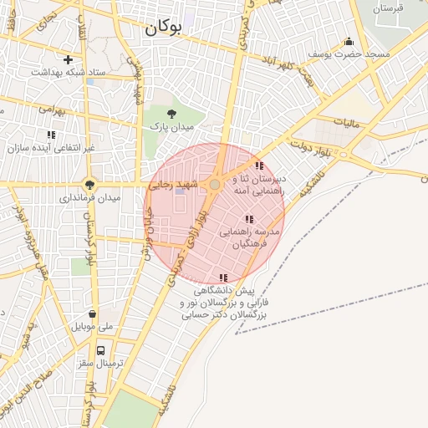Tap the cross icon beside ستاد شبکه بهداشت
pos(68,59)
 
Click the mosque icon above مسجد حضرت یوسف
pos(349,41)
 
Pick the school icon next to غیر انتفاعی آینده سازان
pos(52,134)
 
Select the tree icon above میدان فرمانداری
pos(89,185)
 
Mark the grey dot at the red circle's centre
pos(215,184)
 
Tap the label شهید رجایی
pos(171,184)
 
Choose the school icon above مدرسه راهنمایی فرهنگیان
pos(249,219)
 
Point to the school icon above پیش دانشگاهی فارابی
pos(222,278)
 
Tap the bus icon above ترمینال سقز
pos(100,350)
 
